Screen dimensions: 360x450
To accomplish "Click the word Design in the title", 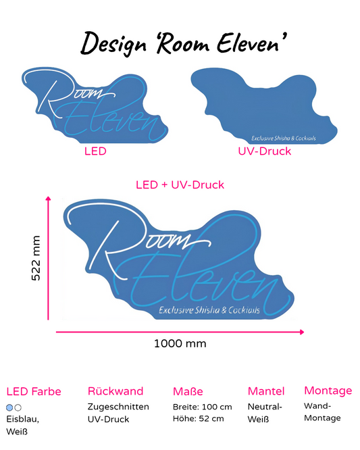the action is pyautogui.click(x=113, y=44).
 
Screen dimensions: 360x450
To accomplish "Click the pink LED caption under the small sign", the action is pyautogui.click(x=95, y=151).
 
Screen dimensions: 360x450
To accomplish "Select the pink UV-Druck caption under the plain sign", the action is pyautogui.click(x=265, y=151).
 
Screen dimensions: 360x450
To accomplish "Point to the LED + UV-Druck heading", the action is pyautogui.click(x=180, y=185).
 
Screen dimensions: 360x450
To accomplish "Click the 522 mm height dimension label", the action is pyautogui.click(x=36, y=258).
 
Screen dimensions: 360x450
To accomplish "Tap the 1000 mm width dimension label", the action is pyautogui.click(x=180, y=343).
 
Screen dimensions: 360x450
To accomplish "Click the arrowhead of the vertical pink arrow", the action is pyautogui.click(x=48, y=198).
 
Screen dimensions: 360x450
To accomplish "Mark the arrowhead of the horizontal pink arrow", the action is pyautogui.click(x=302, y=332).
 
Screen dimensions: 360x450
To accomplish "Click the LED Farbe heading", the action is pyautogui.click(x=34, y=391).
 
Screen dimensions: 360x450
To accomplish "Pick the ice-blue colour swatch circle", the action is pyautogui.click(x=9, y=407).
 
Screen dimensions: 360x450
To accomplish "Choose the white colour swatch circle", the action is pyautogui.click(x=18, y=407).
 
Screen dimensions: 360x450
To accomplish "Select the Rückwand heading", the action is pyautogui.click(x=115, y=391).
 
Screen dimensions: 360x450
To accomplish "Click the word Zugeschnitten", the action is pyautogui.click(x=118, y=407).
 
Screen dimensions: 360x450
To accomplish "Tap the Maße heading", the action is pyautogui.click(x=188, y=391).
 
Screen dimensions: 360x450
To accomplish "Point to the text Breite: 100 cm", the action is pyautogui.click(x=202, y=407).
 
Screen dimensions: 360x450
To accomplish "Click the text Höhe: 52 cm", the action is pyautogui.click(x=198, y=419).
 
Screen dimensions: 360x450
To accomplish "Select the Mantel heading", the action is pyautogui.click(x=266, y=391).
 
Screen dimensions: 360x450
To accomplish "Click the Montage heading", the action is pyautogui.click(x=328, y=391).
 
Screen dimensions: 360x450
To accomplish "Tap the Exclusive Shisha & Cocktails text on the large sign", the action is pyautogui.click(x=209, y=310).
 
